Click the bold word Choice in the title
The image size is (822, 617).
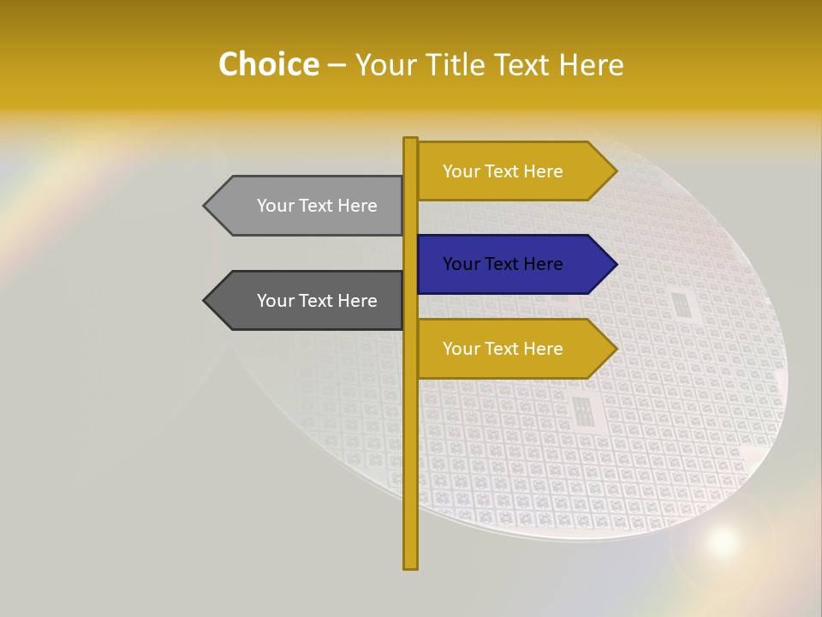(268, 64)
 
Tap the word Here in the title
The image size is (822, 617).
(591, 64)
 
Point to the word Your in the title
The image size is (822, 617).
(384, 64)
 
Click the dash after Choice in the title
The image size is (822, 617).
(337, 65)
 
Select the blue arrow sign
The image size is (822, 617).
(514, 264)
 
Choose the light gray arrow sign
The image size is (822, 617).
(308, 206)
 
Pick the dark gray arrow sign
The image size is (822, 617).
(308, 301)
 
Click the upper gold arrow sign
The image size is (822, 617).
(514, 171)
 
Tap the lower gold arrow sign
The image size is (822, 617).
(514, 349)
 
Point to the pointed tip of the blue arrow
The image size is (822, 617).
(615, 264)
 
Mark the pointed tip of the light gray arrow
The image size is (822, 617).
(205, 206)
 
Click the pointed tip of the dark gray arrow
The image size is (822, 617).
(205, 301)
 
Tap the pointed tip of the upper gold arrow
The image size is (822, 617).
(615, 171)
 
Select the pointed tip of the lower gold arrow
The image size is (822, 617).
(615, 349)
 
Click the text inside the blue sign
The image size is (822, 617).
(503, 264)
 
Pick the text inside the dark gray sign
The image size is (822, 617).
(317, 301)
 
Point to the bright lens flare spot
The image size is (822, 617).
(723, 542)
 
